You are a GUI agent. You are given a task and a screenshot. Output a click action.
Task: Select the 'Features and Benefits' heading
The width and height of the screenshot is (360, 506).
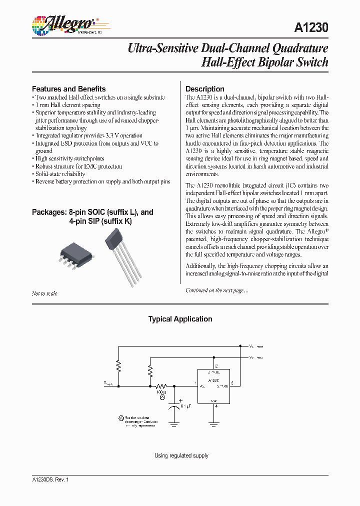point(68,88)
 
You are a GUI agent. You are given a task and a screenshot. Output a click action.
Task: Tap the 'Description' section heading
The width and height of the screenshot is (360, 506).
point(205,88)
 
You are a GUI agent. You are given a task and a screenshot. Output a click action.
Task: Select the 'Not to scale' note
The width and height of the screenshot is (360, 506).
point(44,293)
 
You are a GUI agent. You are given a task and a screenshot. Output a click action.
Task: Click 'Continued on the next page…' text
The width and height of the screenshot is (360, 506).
point(216,290)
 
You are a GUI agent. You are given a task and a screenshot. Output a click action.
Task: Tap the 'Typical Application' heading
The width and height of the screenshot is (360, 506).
point(180,319)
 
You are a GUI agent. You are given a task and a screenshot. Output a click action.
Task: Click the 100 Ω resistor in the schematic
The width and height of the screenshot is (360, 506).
point(161,386)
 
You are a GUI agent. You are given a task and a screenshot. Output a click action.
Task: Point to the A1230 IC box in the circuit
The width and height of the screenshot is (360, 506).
point(213,386)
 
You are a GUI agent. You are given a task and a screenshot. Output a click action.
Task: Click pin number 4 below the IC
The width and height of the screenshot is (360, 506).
point(216,406)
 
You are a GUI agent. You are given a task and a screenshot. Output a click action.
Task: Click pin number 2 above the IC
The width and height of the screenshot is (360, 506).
point(216,366)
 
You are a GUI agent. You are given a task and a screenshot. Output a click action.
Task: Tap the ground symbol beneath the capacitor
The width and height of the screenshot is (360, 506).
point(173,424)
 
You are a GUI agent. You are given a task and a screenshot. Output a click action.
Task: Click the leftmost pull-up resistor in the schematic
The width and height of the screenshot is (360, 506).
point(118,367)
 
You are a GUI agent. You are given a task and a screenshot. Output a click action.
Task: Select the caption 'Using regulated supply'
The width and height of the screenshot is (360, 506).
point(181,455)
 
